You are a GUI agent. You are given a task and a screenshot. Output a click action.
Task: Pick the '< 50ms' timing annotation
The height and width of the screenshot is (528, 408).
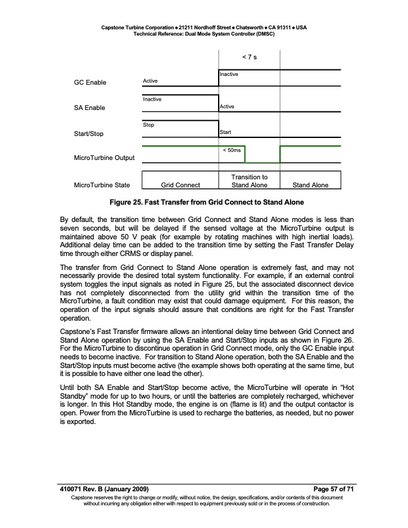tap(231, 150)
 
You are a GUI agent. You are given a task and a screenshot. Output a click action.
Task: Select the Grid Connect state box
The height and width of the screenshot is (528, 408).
tap(181, 185)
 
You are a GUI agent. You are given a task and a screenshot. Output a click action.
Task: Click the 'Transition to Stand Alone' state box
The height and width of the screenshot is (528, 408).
tap(249, 181)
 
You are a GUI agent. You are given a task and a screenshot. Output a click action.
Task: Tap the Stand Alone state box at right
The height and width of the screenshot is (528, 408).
tap(311, 185)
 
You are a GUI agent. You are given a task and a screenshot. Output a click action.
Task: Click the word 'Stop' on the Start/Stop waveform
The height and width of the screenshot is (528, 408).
tap(149, 125)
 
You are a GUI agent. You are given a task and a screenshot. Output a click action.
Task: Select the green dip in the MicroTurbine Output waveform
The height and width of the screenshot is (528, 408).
tap(262, 162)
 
